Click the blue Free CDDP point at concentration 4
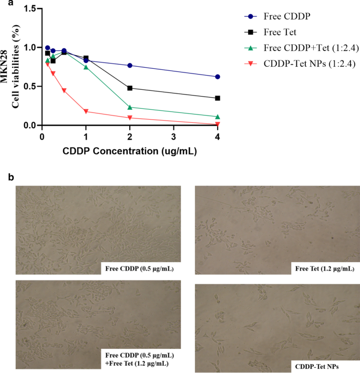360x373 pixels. (x=218, y=77)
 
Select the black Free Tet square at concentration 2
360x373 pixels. (x=130, y=88)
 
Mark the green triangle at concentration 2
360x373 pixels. (x=130, y=107)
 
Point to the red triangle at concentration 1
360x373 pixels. (x=86, y=111)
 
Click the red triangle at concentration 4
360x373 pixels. (x=218, y=124)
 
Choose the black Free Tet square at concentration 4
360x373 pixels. (x=218, y=98)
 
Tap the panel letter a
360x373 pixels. (x=5, y=4)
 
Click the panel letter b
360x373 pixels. (x=5, y=177)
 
